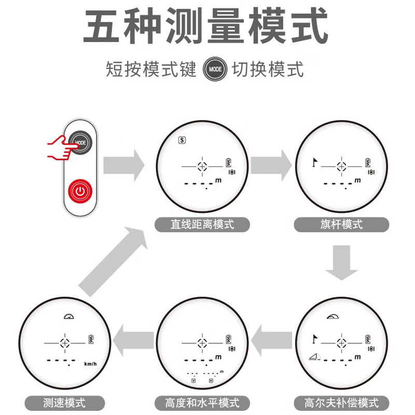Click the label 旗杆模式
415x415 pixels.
point(341,225)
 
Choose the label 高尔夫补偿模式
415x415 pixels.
point(341,403)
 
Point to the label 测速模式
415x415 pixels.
point(65,403)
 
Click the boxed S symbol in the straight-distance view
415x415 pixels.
point(182,140)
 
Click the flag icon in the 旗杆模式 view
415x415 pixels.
point(313,162)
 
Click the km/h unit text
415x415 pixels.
point(90,365)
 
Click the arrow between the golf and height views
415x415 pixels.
point(271,341)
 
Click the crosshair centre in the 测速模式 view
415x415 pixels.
point(65,343)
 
